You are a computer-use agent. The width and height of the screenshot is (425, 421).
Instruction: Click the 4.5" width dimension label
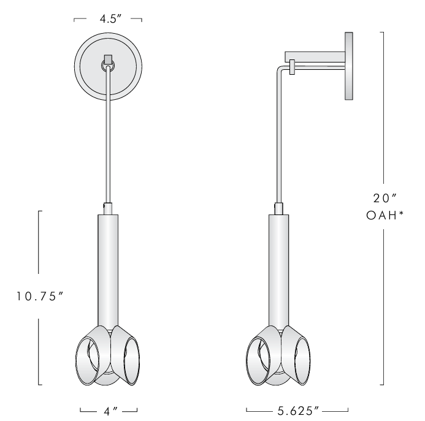(108, 20)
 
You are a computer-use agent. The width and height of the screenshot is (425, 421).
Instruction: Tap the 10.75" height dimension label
(40, 296)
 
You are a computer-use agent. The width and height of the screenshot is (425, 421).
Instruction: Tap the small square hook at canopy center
(108, 61)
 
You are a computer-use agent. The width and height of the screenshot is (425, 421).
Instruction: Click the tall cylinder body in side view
(278, 264)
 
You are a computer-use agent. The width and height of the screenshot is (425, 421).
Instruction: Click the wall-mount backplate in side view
(350, 66)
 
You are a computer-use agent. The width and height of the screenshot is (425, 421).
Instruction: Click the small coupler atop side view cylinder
(278, 208)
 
